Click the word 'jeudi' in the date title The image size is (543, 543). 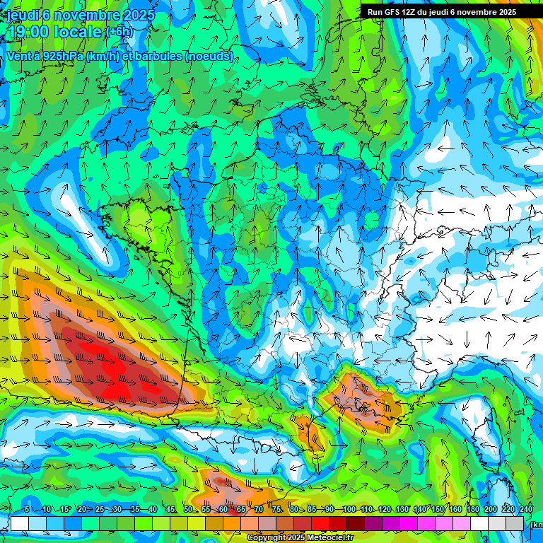click(23, 16)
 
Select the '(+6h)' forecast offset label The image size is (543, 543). click(118, 33)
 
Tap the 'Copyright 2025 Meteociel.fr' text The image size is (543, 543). click(300, 538)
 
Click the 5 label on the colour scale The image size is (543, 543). click(27, 510)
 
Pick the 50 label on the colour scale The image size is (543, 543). click(188, 510)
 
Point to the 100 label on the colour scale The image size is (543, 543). click(349, 510)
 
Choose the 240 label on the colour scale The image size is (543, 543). click(526, 510)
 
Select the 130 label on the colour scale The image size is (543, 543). click(402, 510)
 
